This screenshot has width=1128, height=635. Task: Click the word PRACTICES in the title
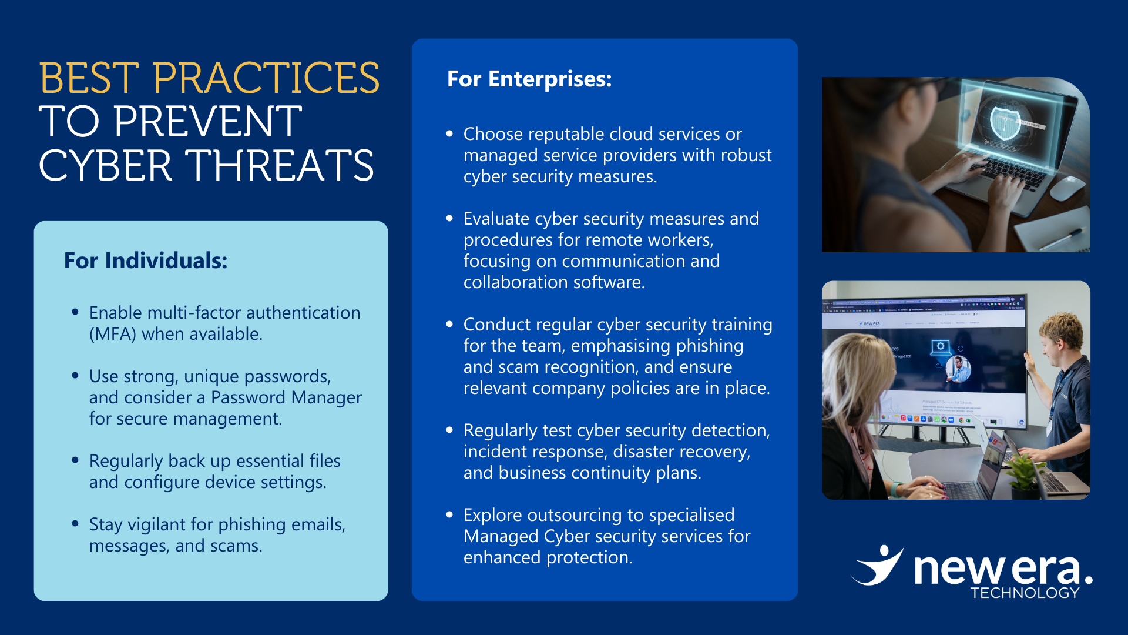click(x=266, y=78)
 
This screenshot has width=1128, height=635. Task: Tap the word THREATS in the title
click(x=280, y=165)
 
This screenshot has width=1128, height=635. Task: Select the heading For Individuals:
click(x=146, y=260)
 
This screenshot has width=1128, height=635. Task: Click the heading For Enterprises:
click(x=529, y=79)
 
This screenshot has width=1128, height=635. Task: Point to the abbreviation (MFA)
click(x=113, y=334)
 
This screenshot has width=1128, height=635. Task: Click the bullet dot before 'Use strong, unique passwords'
click(x=75, y=376)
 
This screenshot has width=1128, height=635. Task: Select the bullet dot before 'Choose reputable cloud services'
click(x=449, y=134)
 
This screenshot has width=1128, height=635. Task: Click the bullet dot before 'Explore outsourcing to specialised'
click(x=449, y=515)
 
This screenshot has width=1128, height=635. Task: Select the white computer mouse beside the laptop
click(x=1066, y=186)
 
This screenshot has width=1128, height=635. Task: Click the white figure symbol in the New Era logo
click(x=878, y=566)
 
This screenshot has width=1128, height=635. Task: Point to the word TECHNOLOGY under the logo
click(x=1025, y=593)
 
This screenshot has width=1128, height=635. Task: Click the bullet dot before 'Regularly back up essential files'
click(x=75, y=460)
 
